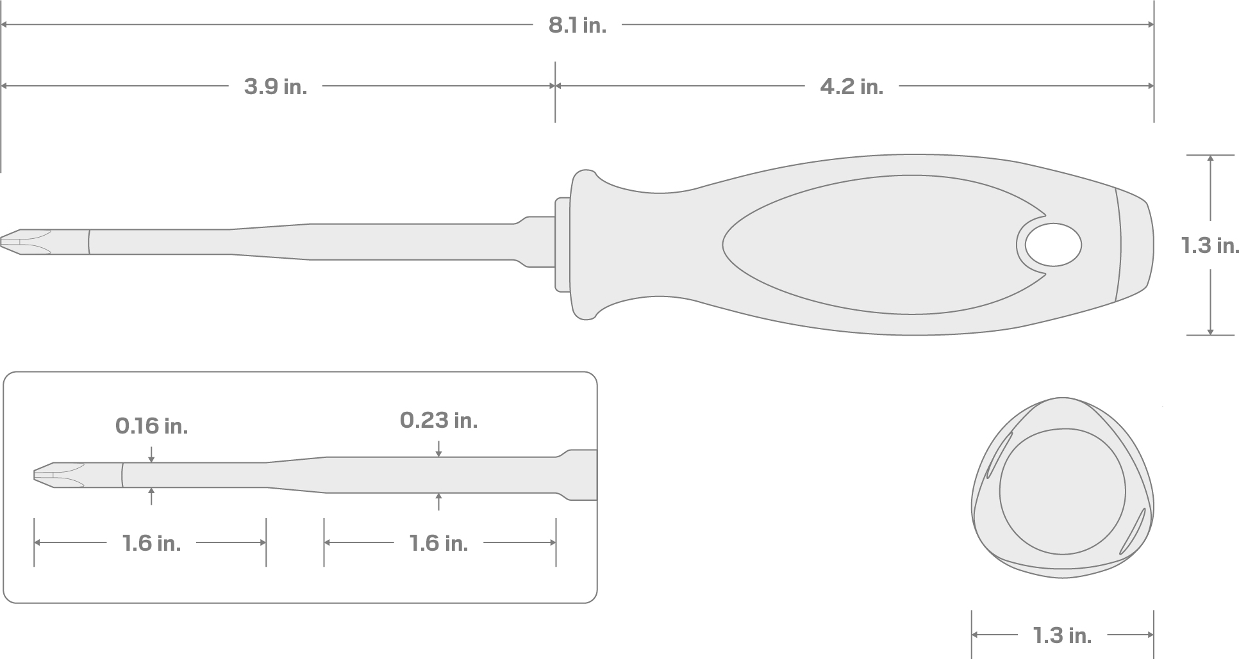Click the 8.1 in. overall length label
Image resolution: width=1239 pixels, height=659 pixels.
(x=577, y=26)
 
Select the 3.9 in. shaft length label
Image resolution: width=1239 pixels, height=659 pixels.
(x=276, y=86)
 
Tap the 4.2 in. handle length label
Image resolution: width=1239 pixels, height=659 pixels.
(x=851, y=86)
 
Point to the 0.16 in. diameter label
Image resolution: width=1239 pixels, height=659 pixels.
(x=151, y=426)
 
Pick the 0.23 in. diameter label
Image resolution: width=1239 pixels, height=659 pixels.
(x=438, y=421)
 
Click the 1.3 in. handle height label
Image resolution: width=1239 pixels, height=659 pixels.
(x=1210, y=245)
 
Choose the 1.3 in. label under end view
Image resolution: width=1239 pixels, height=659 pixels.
(x=1061, y=635)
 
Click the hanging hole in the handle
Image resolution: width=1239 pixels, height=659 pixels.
(x=1053, y=245)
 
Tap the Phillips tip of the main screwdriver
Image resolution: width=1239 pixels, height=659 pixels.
(x=26, y=241)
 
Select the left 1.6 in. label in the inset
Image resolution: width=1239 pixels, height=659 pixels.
(x=151, y=543)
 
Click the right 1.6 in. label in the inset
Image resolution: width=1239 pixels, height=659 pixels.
(x=438, y=543)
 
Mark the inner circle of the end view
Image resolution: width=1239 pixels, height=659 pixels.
(x=1062, y=491)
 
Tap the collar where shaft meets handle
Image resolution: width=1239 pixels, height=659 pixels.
(x=562, y=245)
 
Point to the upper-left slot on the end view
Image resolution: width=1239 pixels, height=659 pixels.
(x=999, y=455)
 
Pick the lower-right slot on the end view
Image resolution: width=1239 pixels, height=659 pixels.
(x=1132, y=532)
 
